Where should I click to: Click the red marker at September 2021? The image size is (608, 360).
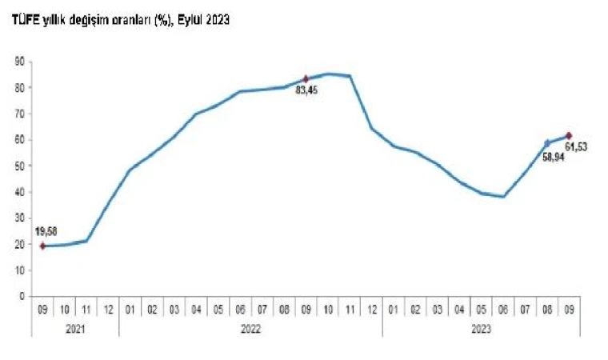43,246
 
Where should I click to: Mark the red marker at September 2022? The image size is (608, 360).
306,78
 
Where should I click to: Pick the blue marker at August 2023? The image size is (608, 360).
547,143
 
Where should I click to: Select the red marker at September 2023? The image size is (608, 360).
569,136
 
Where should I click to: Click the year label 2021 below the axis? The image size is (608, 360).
75,328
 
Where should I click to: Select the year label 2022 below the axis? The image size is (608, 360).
250,328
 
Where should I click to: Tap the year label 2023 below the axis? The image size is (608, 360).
481,328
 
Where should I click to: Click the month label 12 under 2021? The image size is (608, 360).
108,307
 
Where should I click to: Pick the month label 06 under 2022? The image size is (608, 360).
240,307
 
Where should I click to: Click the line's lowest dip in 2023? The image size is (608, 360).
503,196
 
